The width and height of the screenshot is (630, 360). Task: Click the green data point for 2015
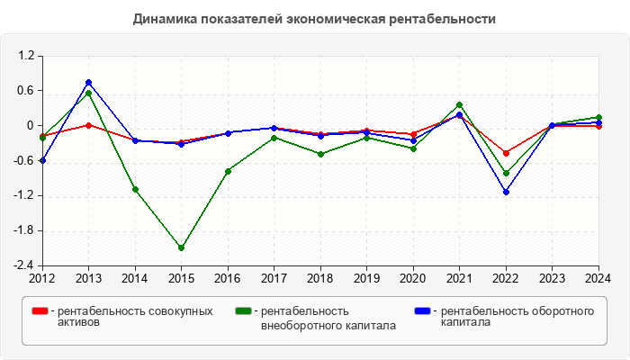181,247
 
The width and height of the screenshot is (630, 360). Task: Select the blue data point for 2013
88,82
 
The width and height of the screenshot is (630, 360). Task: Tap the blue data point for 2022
506,192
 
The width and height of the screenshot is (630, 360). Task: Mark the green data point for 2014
135,190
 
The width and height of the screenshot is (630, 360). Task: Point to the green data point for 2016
228,171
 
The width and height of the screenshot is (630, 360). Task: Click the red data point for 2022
506,153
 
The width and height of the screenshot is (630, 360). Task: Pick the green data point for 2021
459,105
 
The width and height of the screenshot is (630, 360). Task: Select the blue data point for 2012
42,160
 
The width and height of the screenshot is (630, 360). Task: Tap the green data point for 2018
320,154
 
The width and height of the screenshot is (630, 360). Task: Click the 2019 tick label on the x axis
366,277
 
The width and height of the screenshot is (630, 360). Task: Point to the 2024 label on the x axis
598,277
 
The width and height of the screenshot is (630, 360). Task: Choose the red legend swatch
39,310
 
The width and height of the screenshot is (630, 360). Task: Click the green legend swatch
242,310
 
